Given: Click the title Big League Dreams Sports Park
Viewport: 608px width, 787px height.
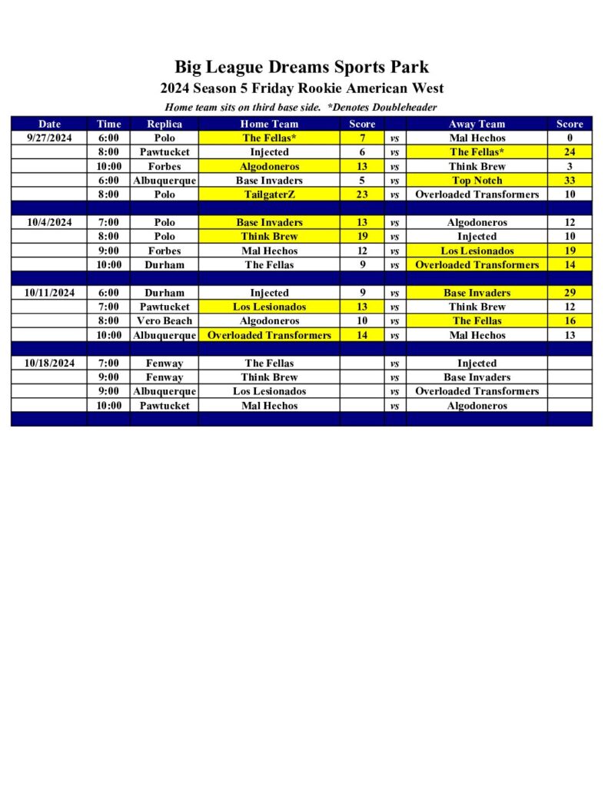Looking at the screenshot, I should pyautogui.click(x=301, y=67).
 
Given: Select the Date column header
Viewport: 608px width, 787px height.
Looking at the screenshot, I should pyautogui.click(x=49, y=124).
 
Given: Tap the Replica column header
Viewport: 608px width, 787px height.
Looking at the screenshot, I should pyautogui.click(x=164, y=124).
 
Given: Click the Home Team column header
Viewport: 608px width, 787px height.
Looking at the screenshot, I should pyautogui.click(x=269, y=124).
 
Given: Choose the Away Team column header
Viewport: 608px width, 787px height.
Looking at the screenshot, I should pyautogui.click(x=477, y=124).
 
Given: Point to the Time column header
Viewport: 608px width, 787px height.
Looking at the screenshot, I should pyautogui.click(x=108, y=124).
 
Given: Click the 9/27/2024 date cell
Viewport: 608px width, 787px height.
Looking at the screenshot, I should pyautogui.click(x=49, y=138).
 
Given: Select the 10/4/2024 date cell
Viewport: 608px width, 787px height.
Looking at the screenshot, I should pyautogui.click(x=49, y=222).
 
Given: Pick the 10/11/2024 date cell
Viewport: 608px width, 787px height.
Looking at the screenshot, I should pyautogui.click(x=49, y=293).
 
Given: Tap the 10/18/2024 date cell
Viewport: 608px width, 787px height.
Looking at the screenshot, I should pyautogui.click(x=49, y=363).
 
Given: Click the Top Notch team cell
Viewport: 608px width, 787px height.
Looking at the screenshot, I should pyautogui.click(x=477, y=181).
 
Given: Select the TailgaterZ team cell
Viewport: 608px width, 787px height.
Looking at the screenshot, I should pyautogui.click(x=269, y=194).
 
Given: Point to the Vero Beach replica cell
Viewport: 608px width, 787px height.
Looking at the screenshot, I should pyautogui.click(x=164, y=320).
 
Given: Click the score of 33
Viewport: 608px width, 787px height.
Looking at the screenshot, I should pyautogui.click(x=570, y=181).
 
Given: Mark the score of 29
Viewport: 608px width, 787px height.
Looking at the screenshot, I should pyautogui.click(x=570, y=293).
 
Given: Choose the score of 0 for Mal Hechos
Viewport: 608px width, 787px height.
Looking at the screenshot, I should pyautogui.click(x=570, y=138).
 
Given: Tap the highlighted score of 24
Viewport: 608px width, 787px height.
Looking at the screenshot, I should pyautogui.click(x=570, y=152).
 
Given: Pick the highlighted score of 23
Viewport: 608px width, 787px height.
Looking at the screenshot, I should pyautogui.click(x=362, y=194).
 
